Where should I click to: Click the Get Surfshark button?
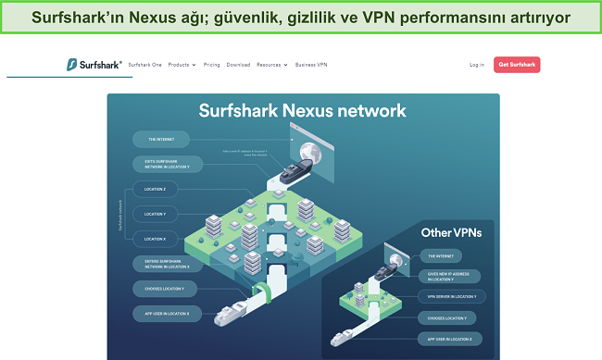coord(518,65)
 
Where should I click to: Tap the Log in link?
coord(477,65)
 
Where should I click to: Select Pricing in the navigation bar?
coord(212,65)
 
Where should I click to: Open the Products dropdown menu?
coord(182,65)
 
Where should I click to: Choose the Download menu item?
coord(238,65)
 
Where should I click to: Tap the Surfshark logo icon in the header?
coord(71,65)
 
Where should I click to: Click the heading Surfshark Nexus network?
coord(302,111)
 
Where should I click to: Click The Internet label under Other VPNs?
coord(438,254)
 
